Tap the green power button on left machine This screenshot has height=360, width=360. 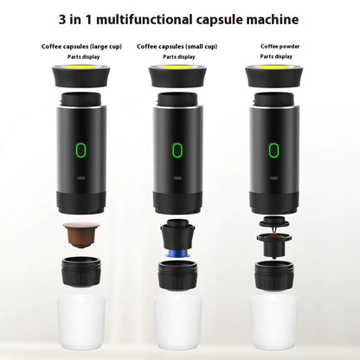click(x=80, y=151)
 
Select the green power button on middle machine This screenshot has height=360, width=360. click(x=177, y=151)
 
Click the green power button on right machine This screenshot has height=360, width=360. click(x=274, y=151)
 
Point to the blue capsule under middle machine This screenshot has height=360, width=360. click(x=177, y=254)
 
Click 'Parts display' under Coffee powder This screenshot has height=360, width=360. click(x=276, y=56)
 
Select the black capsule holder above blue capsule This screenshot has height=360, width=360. click(x=177, y=234)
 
